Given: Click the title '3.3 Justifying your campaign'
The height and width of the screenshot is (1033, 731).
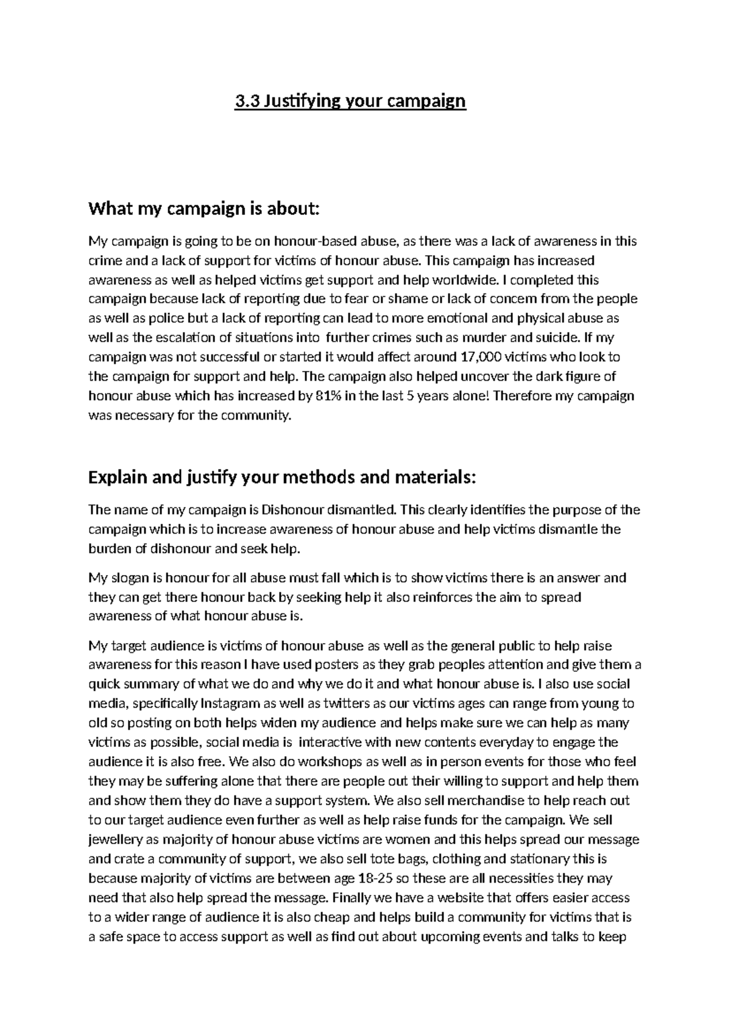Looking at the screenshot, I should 350,100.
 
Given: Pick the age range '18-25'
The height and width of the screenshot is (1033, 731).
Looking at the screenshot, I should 390,879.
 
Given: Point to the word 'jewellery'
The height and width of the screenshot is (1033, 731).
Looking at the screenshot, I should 115,840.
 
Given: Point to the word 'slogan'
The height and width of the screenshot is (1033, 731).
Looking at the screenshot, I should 130,578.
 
